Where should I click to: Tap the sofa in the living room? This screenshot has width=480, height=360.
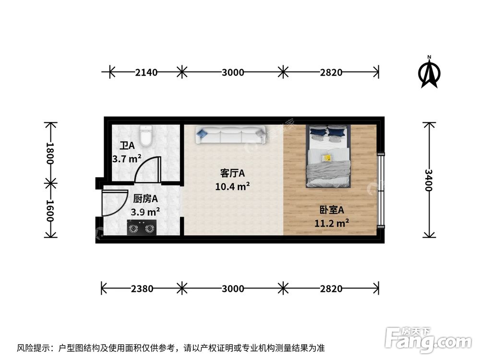(230, 135)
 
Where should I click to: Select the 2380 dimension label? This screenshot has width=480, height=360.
(142, 288)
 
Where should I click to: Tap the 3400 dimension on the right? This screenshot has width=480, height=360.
(429, 180)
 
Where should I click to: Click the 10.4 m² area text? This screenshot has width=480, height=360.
(232, 186)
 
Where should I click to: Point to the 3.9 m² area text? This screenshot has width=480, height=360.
(145, 211)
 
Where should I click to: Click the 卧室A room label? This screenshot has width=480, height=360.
(332, 210)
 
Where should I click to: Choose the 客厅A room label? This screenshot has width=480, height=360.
(232, 173)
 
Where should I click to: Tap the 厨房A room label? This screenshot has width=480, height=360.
(145, 198)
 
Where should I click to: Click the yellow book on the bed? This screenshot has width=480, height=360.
(327, 157)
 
